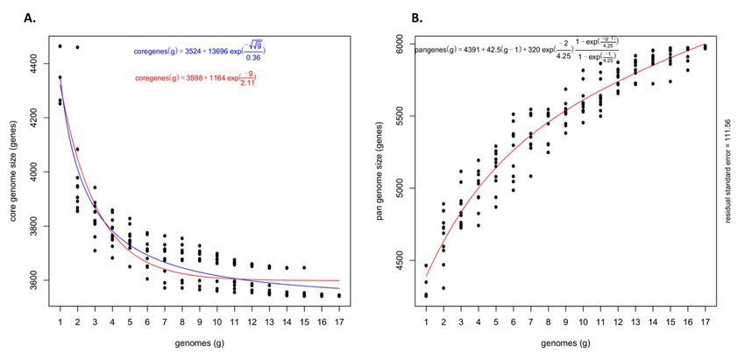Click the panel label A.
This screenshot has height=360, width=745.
29,17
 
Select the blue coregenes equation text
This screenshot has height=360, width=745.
199,54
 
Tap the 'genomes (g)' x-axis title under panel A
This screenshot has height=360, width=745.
199,341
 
